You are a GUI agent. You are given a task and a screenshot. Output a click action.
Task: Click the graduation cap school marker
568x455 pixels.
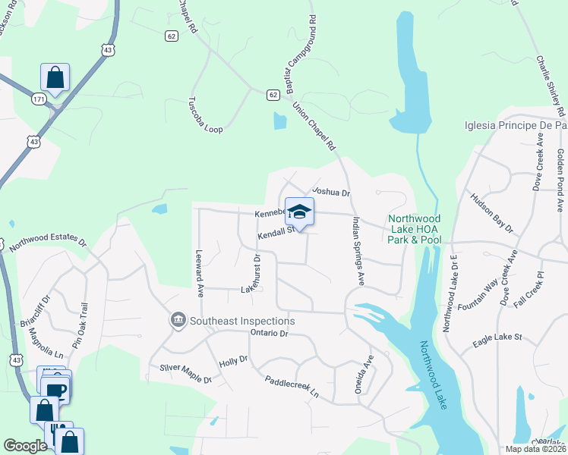pos(300,212)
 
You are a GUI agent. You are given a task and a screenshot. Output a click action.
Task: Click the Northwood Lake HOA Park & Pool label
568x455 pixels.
pos(414,228)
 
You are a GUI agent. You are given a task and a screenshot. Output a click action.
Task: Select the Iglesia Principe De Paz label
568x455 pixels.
pos(516,125)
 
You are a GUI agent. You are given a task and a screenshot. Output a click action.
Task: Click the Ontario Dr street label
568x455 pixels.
pos(270,334)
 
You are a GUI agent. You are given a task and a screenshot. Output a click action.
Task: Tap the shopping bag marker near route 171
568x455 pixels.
pos(55,77)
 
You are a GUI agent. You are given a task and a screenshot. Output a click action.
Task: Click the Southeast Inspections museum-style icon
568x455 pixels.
pos(178,321)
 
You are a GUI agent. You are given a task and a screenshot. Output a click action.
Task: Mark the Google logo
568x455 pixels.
pos(25,446)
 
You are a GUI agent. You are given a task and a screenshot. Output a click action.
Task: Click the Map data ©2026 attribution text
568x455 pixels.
pos(535,449)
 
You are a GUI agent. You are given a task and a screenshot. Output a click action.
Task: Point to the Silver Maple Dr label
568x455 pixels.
pos(185,373)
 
